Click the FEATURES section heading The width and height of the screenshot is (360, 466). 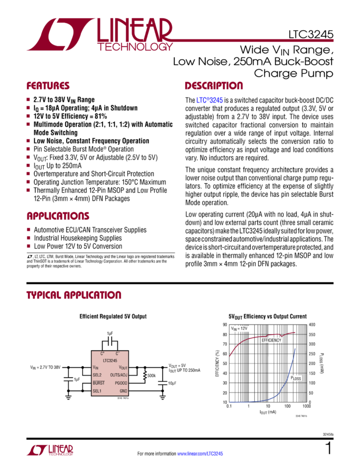(x=48, y=86)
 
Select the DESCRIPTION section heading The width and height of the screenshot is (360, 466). (x=214, y=86)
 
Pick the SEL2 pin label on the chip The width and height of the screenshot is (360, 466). (x=98, y=375)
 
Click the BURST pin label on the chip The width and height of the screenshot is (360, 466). (x=99, y=383)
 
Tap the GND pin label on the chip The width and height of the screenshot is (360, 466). (x=123, y=390)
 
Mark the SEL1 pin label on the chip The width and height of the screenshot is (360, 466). (x=98, y=390)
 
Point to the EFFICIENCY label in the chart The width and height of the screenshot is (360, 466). (x=271, y=340)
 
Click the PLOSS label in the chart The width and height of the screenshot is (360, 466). (x=296, y=378)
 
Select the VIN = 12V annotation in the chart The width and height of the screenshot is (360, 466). (x=239, y=328)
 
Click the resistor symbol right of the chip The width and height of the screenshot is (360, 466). (x=145, y=376)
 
